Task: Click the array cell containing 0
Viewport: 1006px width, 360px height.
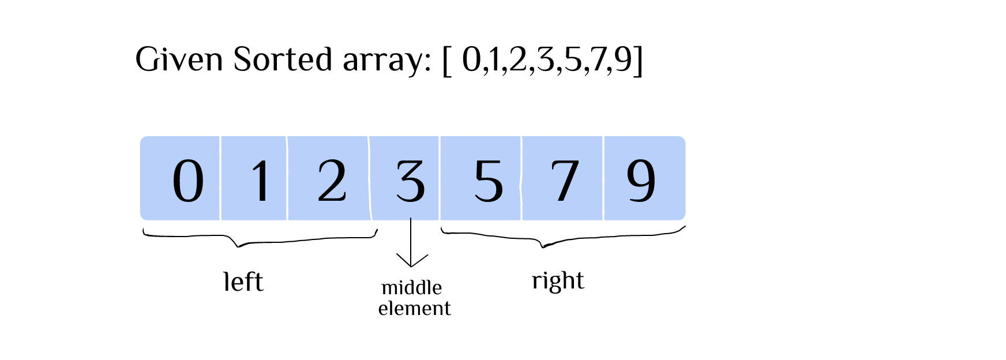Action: [x=180, y=179]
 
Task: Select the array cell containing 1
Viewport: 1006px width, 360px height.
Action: [x=254, y=179]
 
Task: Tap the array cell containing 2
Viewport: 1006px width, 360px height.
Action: [x=328, y=179]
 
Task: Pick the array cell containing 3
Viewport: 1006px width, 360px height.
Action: [x=405, y=179]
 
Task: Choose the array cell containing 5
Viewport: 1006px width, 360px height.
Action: [x=481, y=179]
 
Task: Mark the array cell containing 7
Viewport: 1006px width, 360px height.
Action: [x=562, y=179]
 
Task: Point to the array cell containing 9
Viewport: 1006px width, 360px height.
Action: [x=644, y=179]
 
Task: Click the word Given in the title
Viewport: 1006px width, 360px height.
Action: [x=179, y=59]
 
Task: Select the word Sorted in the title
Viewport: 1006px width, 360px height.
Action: [x=283, y=59]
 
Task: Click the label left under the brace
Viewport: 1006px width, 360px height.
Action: [x=243, y=282]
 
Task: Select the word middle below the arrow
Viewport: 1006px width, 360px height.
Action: [x=411, y=287]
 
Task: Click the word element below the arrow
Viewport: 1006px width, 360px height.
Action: [x=414, y=308]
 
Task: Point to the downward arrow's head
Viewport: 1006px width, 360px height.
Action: [x=411, y=262]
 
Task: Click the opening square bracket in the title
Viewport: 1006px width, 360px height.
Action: [x=446, y=60]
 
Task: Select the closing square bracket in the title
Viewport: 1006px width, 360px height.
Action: [x=638, y=60]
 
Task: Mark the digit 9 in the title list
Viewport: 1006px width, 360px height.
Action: [x=623, y=60]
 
